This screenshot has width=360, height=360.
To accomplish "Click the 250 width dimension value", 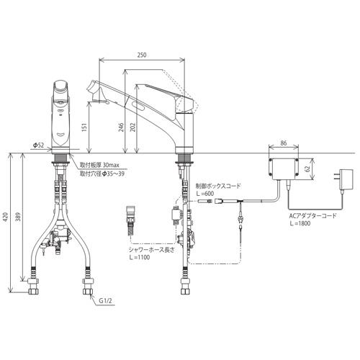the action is pos(142,55).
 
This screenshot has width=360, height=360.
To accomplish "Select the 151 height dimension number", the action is pos(84,127).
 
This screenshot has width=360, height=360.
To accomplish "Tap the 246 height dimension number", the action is pos(121,127).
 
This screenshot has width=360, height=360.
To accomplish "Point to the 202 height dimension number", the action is pos(132,127).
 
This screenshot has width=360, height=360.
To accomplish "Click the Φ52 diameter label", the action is pos(38,145).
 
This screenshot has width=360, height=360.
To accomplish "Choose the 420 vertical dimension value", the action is pos(6,217).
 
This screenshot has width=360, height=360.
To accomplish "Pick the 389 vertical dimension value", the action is pos(19,217).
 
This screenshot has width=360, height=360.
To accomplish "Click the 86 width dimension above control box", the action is pos(284,143).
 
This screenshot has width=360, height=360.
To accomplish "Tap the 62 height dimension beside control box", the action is pos(308,168).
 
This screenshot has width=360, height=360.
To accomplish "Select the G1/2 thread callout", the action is pos(106,301).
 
